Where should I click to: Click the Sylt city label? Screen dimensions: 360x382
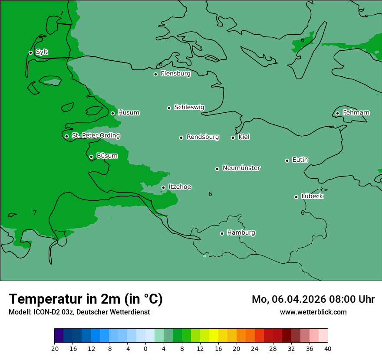42,52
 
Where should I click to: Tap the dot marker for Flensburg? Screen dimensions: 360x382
155,74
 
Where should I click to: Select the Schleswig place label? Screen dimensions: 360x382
189,107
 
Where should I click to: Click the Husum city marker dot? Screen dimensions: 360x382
112,113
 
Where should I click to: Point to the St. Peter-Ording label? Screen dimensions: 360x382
95,136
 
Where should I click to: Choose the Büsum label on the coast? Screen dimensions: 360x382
107,156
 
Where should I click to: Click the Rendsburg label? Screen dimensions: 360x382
202,137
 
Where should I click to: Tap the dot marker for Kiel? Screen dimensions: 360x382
233,137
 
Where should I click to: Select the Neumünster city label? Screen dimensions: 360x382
241,168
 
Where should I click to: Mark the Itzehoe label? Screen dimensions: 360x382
179,187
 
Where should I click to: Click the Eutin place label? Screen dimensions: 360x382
300,160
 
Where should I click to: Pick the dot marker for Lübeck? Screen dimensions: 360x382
296,197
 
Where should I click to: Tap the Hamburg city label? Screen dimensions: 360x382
241,232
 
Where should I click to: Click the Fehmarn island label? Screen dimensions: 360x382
356,113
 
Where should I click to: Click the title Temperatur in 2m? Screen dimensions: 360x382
86,299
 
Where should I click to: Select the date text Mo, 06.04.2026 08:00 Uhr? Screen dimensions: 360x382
313,299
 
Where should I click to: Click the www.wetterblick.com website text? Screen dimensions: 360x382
313,312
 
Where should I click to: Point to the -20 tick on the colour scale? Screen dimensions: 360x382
54,349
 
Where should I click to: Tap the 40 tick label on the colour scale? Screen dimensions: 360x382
328,349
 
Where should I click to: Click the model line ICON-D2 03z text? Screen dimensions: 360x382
79,312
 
